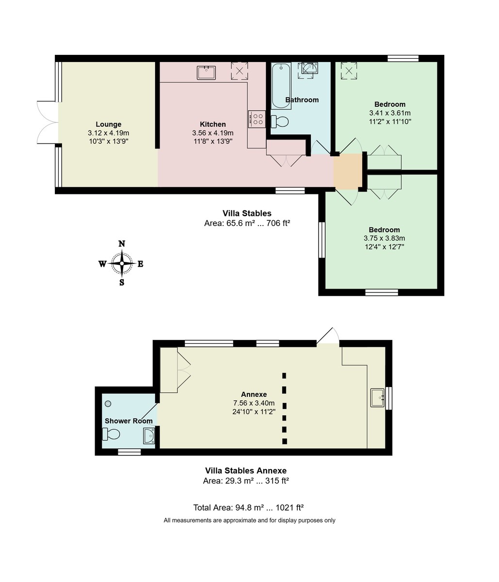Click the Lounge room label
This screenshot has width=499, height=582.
click(108, 124)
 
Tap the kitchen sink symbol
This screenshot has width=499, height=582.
click(206, 73)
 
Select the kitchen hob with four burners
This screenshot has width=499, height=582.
click(257, 119)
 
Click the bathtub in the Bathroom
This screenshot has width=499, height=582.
click(281, 86)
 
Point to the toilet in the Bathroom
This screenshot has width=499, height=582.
click(280, 121)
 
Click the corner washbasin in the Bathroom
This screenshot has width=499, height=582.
click(309, 69)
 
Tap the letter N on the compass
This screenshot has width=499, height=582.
click(122, 244)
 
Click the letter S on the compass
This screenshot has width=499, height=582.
click(122, 282)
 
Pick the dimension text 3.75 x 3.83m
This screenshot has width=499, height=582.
click(384, 238)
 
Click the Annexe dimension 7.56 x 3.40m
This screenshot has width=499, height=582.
click(254, 403)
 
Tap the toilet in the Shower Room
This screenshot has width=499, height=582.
click(111, 434)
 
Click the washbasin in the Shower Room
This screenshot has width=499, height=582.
click(149, 436)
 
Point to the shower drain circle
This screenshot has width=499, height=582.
click(108, 404)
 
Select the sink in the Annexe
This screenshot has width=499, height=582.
click(377, 398)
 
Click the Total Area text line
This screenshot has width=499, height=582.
click(248, 508)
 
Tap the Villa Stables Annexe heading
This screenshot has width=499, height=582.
click(246, 470)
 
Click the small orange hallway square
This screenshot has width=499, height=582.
click(348, 172)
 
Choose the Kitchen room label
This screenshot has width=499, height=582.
click(212, 124)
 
